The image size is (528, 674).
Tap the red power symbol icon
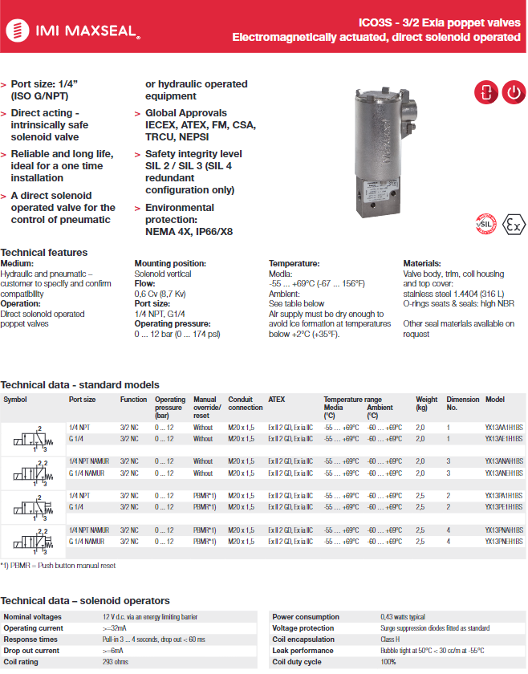point(514,93)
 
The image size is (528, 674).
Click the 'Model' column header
point(494,400)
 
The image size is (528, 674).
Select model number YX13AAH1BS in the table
point(504,428)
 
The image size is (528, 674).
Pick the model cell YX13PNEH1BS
point(504,542)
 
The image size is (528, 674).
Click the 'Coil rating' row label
point(22,662)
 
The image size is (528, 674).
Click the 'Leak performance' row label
point(302,651)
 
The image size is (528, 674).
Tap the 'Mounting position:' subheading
point(170,263)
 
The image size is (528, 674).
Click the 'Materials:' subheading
point(421,263)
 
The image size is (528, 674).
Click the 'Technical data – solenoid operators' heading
point(85,601)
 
